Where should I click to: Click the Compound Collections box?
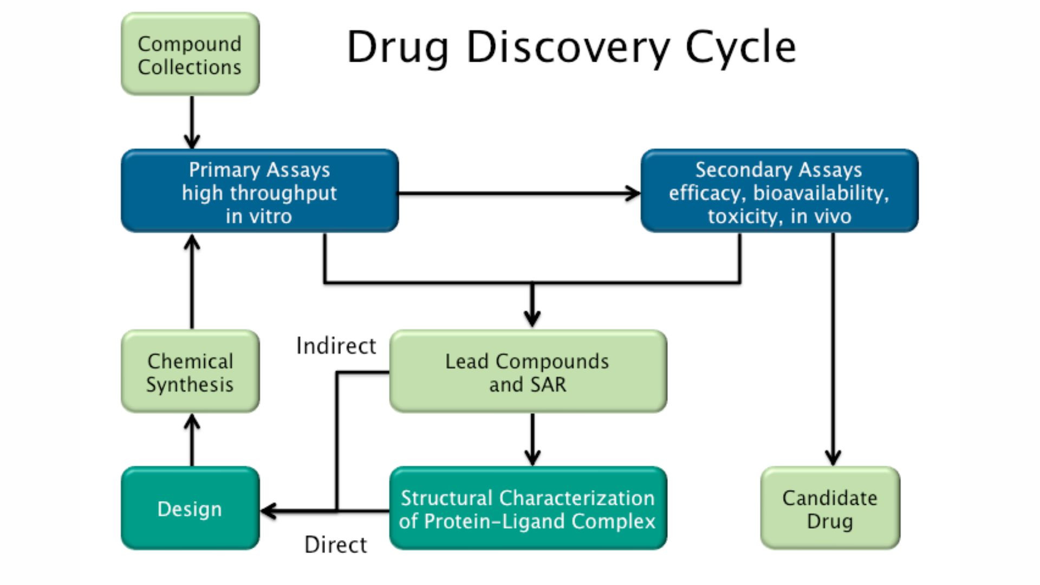190,54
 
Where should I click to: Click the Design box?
190,509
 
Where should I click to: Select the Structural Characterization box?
528,509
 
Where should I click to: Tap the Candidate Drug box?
830,509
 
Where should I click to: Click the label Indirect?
336,346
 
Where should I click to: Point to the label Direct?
336,545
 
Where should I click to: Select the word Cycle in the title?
740,48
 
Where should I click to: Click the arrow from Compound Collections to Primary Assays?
192,122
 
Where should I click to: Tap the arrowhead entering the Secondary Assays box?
633,193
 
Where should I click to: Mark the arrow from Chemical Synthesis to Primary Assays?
192,282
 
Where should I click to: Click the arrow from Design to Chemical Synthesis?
192,440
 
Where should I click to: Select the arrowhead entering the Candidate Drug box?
833,458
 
